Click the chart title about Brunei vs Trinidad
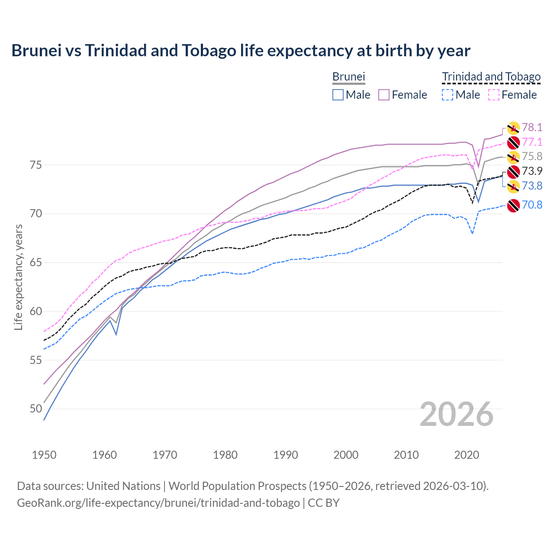coord(241,51)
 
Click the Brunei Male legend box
coord(338,95)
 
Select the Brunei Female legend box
coord(384,95)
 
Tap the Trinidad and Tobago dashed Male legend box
coord(448,95)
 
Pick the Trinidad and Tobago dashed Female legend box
coord(494,95)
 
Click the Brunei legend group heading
coord(348,77)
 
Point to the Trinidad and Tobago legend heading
coord(491,77)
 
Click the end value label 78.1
coord(532,127)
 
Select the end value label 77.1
coord(532,142)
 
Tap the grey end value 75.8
coord(532,156)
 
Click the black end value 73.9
coord(532,171)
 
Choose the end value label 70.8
coord(532,205)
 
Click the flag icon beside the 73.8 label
coord(513,187)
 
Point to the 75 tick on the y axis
coord(36,165)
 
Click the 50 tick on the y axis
coord(36,409)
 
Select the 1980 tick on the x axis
coord(225,455)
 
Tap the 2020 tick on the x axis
coord(467,455)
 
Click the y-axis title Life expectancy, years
coord(18,277)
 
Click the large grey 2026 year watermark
coord(456,414)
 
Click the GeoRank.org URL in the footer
coord(158,503)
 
